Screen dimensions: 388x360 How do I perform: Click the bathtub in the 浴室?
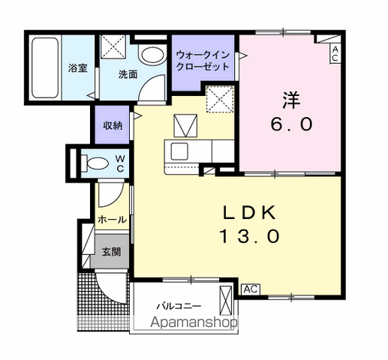45,67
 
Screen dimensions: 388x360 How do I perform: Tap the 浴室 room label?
78,68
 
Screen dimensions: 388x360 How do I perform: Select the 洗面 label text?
128,74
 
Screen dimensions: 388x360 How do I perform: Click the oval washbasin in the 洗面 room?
152,55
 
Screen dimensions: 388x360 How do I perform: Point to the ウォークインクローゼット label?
203,61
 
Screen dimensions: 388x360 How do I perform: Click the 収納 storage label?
113,125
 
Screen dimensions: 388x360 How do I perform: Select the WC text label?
120,163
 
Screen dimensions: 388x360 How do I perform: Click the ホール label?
112,220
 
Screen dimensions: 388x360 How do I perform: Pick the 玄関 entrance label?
112,252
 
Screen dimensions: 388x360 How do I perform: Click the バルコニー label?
179,306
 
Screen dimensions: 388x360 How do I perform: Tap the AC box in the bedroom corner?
335,54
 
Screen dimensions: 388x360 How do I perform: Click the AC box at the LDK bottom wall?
251,289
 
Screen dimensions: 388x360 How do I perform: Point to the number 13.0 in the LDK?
249,237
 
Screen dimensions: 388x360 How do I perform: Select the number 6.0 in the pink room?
291,124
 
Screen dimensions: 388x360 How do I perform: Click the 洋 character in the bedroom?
291,100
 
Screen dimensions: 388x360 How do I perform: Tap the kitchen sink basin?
179,151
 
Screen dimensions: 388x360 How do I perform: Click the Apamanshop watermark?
194,322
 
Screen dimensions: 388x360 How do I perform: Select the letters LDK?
250,212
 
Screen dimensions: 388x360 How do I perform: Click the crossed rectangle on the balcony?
226,301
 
